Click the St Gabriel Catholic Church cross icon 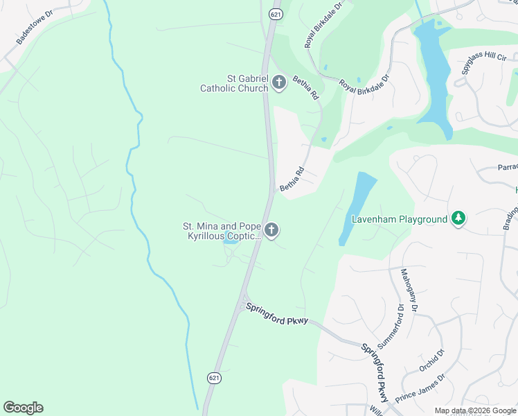click(279, 83)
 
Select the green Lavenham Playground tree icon click(457, 219)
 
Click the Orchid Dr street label click(431, 361)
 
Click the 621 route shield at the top click(275, 14)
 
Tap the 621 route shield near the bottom click(213, 377)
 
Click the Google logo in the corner click(23, 408)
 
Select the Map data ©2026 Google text click(475, 411)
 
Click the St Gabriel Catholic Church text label click(234, 83)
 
